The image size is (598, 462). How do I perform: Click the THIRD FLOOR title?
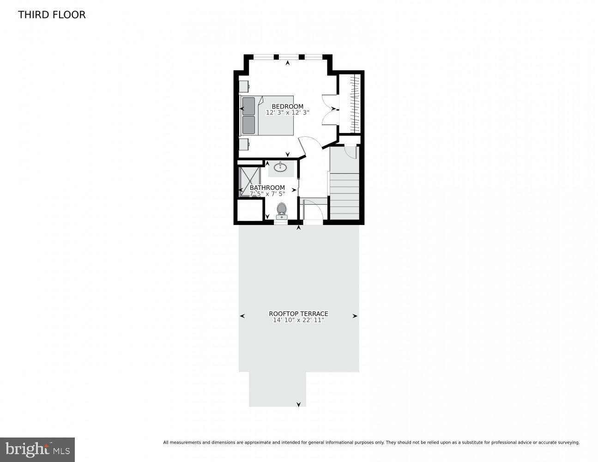pos(52,15)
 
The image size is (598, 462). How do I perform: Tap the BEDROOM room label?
pos(287,106)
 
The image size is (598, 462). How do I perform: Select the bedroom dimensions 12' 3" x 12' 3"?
pos(287,112)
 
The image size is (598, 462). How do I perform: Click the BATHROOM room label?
pos(267,188)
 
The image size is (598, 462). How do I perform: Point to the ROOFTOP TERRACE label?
pos(298,314)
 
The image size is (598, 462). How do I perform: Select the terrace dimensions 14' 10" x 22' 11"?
pos(298,320)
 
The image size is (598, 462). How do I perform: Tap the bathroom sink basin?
pos(280,167)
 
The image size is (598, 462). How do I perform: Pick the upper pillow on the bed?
pos(248,106)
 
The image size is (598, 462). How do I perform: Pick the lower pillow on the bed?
pos(248,125)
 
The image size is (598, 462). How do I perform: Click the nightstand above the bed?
pos(243,86)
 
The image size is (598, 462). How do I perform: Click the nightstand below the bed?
pos(243,144)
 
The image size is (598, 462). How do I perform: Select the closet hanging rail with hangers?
pos(354,104)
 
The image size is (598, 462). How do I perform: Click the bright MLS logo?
pos(37,449)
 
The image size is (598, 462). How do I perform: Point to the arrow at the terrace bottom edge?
pos(298,404)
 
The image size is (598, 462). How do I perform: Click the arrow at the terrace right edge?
pos(355,316)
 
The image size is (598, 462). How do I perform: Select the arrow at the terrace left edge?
pos(242,316)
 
